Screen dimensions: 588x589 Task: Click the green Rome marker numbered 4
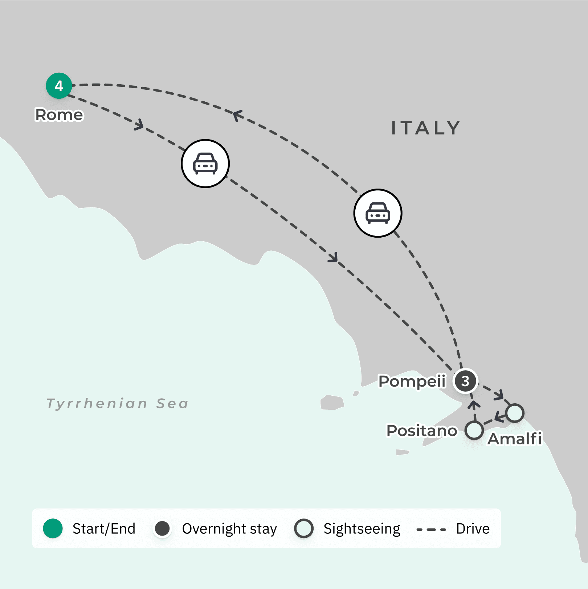(59, 86)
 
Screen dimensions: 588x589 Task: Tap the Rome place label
(59, 115)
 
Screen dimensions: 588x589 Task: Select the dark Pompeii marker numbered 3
(465, 381)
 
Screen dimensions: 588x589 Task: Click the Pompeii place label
(412, 381)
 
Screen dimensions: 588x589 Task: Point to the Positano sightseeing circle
(474, 431)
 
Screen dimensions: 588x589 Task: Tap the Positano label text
(422, 431)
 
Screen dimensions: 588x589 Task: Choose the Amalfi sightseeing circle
(515, 413)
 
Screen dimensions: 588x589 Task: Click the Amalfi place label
(515, 439)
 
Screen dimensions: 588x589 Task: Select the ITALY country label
(426, 128)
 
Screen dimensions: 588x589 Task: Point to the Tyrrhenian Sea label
(118, 403)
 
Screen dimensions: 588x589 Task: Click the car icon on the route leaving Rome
(205, 164)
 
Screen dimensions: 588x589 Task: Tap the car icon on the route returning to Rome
(378, 213)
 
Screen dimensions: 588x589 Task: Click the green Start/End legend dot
(53, 528)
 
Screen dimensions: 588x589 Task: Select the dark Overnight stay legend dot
(162, 528)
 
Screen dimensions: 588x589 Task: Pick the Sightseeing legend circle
(304, 528)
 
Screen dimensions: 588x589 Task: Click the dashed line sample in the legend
(431, 529)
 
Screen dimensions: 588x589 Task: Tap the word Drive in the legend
(473, 529)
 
